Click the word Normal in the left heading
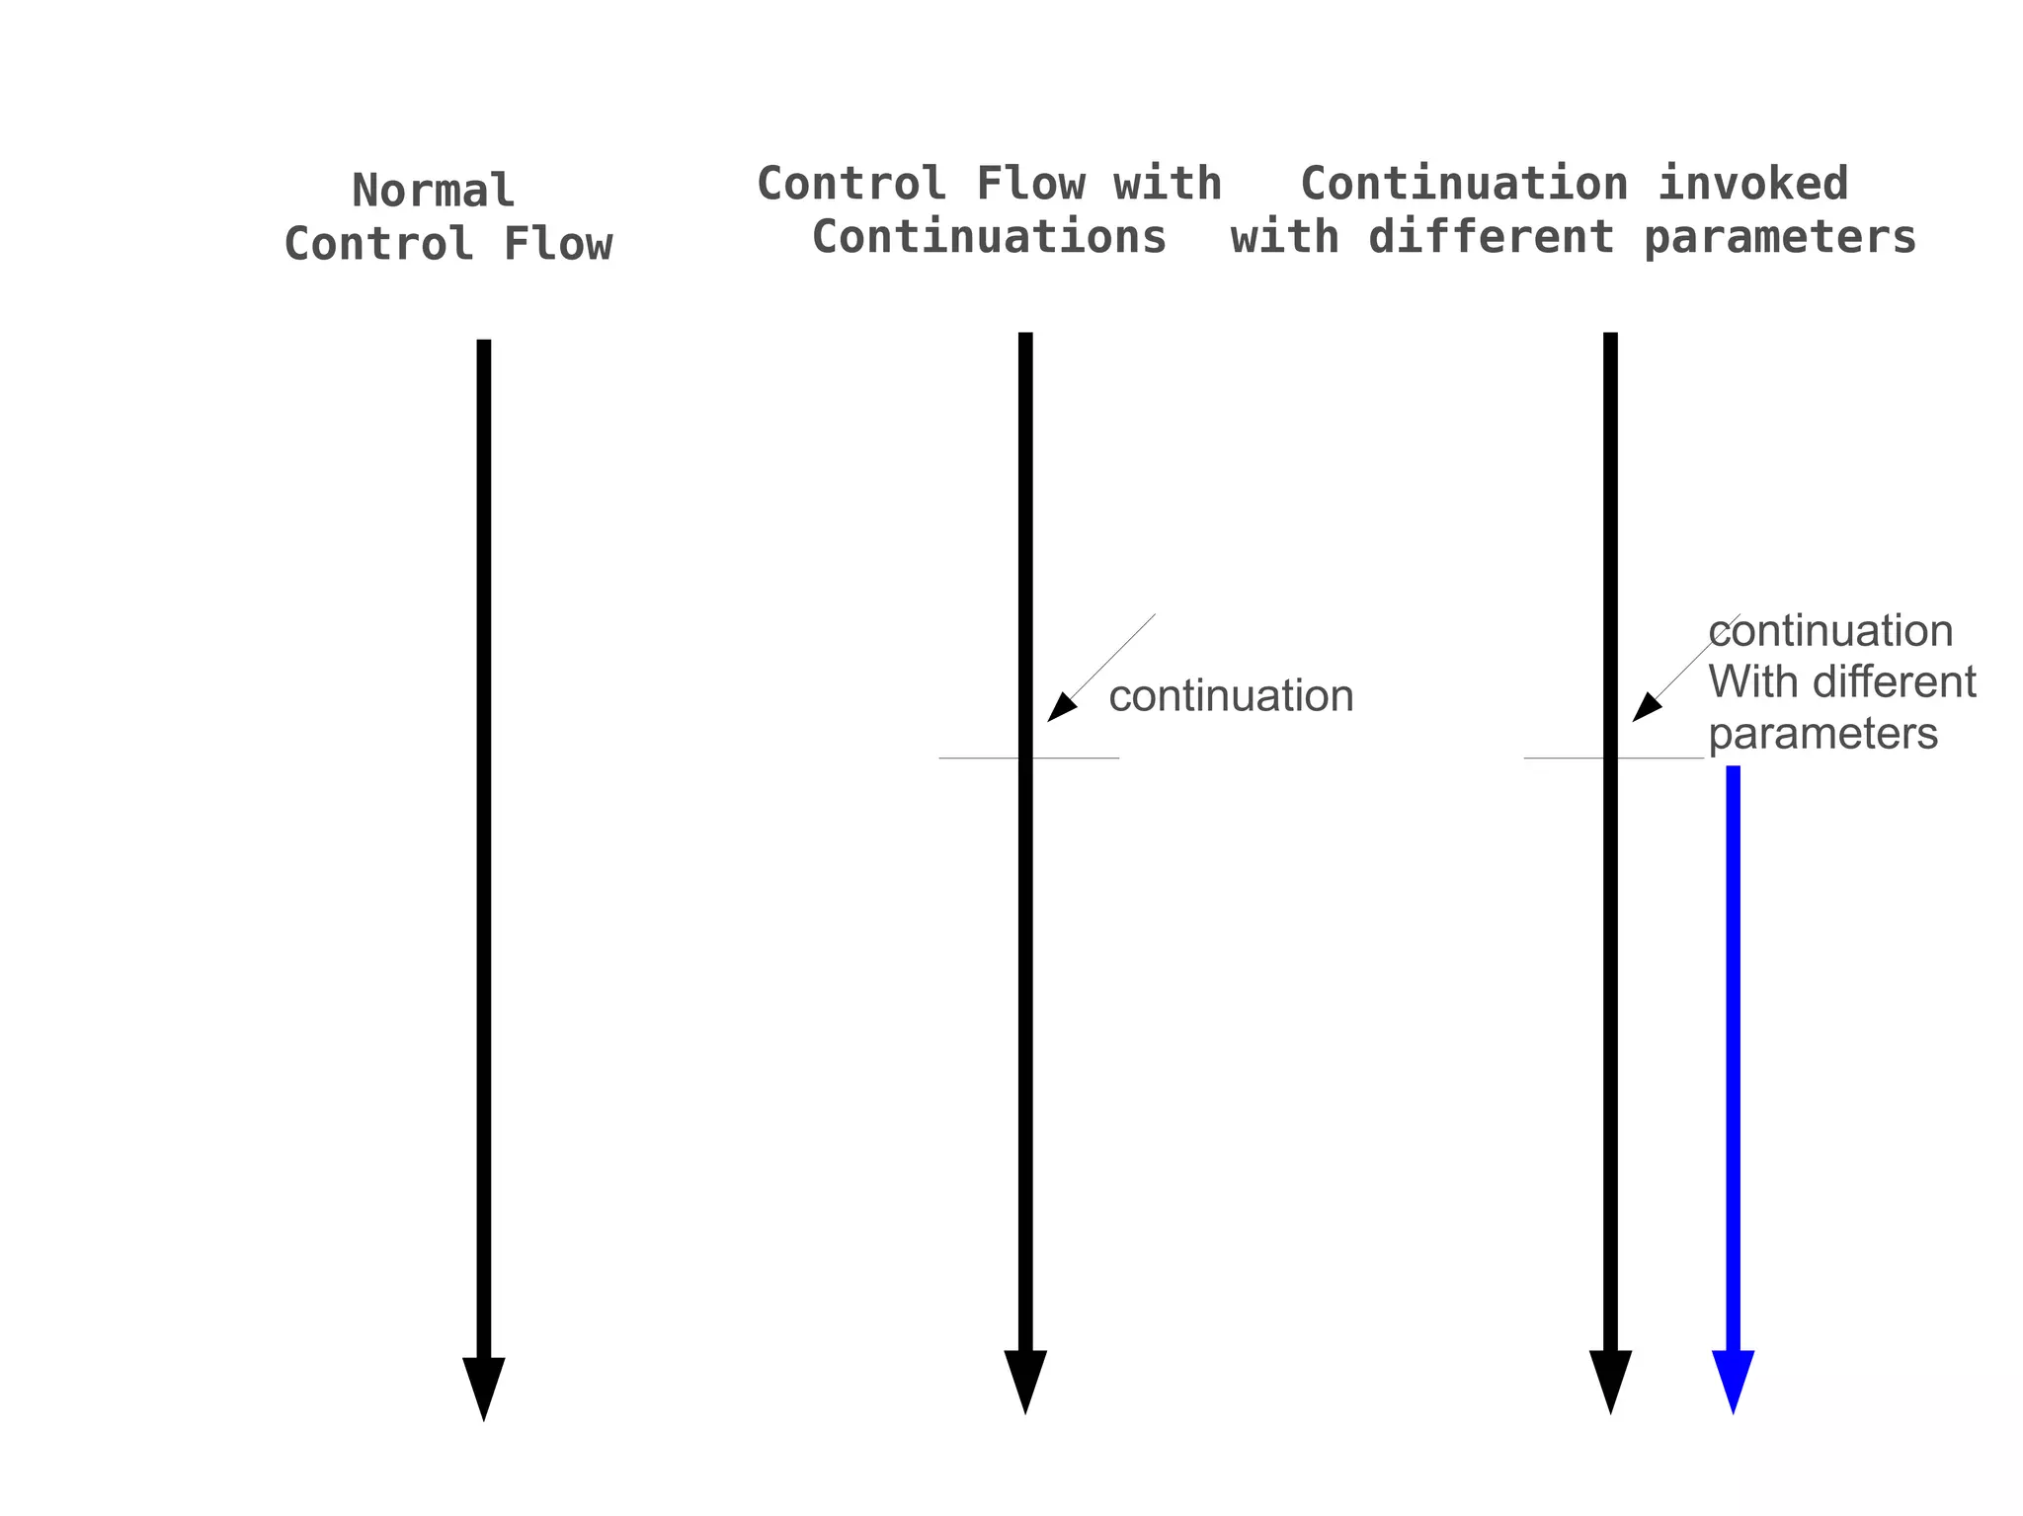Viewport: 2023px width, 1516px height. point(433,191)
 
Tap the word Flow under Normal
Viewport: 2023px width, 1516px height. point(558,244)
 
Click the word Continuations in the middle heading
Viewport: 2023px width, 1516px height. point(989,237)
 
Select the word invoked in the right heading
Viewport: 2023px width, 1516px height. point(1752,184)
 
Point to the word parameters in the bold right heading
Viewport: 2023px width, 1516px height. point(1780,237)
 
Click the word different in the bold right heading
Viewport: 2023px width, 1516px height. point(1491,237)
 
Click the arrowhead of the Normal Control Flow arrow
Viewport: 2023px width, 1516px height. point(484,1385)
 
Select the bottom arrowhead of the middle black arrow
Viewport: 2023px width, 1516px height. point(1025,1378)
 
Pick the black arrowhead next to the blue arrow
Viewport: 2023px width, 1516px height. point(1610,1378)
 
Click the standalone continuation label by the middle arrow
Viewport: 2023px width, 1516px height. point(1231,696)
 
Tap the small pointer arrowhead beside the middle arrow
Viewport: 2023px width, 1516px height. point(1060,708)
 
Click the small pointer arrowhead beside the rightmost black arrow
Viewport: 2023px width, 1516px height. point(1645,708)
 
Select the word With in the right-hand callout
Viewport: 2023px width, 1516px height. point(1747,682)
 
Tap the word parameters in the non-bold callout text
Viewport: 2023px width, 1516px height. point(1822,734)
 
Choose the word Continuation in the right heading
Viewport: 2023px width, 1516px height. point(1464,184)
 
